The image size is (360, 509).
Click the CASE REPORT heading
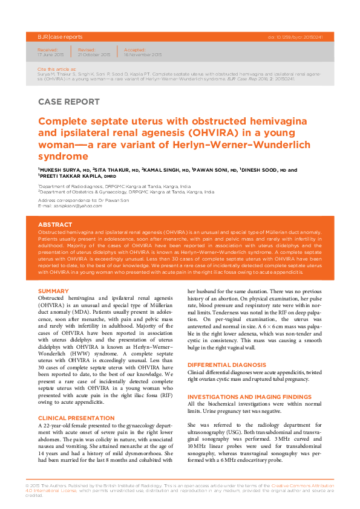(x=68, y=102)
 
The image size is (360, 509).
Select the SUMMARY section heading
(x=53, y=291)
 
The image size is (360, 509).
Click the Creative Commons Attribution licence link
(x=301, y=486)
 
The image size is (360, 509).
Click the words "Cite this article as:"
(x=52, y=70)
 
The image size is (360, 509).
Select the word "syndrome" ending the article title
(x=62, y=156)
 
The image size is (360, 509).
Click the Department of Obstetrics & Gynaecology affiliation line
(x=126, y=192)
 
